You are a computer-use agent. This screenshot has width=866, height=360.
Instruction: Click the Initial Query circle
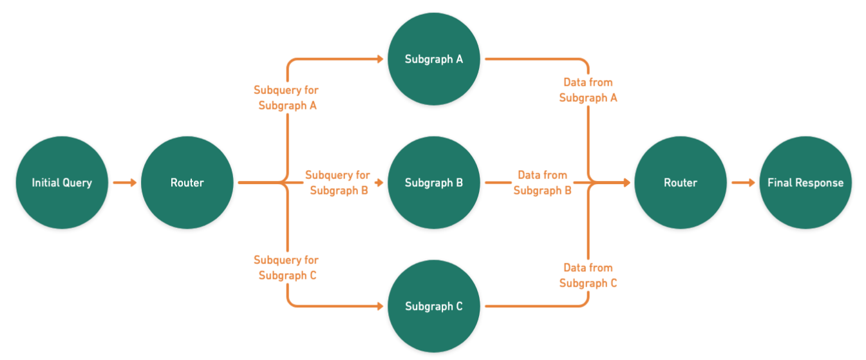pos(62,182)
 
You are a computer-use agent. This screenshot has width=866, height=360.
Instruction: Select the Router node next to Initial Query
pos(187,182)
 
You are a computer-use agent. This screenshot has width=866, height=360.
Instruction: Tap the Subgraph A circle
pos(433,59)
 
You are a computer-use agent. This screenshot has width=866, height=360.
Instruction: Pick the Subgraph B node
pos(433,182)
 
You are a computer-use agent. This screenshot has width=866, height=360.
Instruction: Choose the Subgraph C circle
pos(433,306)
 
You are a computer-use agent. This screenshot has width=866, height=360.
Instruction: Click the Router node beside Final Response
pos(681,182)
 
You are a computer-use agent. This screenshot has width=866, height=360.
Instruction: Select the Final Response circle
pos(805,182)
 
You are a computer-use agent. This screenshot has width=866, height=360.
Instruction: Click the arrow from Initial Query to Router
pos(124,183)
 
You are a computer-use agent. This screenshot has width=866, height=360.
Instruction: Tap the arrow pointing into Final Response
pos(742,183)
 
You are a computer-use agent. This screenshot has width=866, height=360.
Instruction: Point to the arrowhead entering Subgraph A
pos(380,59)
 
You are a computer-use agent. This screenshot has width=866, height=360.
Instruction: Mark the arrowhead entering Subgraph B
pos(380,183)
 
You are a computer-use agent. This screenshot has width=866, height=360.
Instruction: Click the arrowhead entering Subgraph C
pos(380,306)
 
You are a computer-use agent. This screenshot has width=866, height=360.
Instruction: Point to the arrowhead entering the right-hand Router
pos(626,183)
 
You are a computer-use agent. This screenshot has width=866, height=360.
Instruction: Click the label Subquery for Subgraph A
pos(286,97)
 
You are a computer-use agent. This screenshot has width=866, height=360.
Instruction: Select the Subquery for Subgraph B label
pos(337,182)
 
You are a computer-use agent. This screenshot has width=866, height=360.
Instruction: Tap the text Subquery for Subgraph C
pos(286,267)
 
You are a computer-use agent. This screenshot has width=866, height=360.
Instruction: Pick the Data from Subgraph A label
pos(588,90)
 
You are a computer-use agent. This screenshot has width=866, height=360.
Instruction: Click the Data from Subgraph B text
pos(542,182)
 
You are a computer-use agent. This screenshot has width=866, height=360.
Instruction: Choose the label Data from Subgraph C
pos(588,275)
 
